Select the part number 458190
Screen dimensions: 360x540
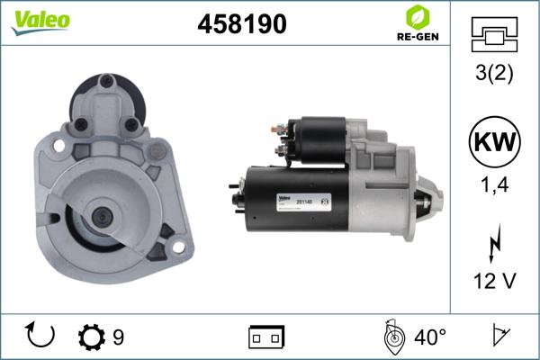click(241, 24)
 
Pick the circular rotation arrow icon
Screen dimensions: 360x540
click(41, 336)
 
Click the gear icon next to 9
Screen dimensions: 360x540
click(92, 337)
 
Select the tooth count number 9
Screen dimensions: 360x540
click(118, 337)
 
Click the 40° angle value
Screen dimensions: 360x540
click(430, 337)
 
